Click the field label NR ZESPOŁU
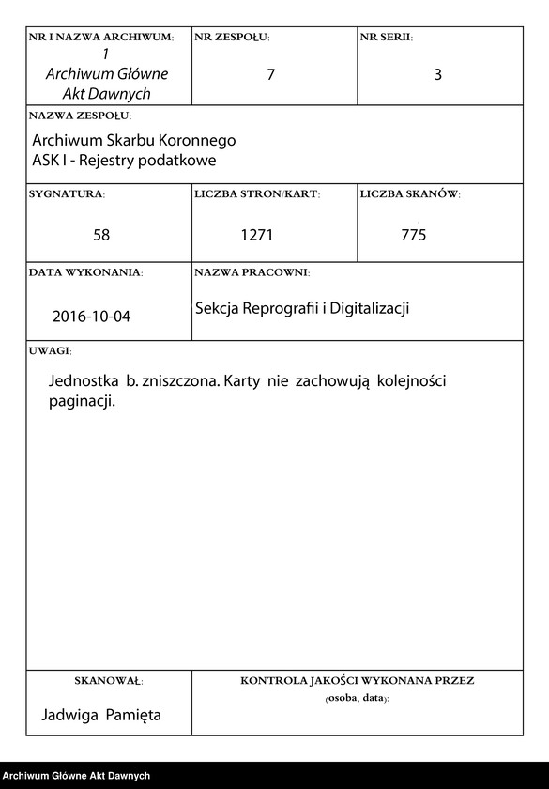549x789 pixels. pyautogui.click(x=231, y=38)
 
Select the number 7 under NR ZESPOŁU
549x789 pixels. pyautogui.click(x=271, y=75)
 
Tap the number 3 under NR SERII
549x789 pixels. pyautogui.click(x=437, y=75)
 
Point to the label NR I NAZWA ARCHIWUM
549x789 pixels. pyautogui.click(x=101, y=38)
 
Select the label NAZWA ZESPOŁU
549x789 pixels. pyautogui.click(x=80, y=116)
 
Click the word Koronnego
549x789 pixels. pyautogui.click(x=198, y=140)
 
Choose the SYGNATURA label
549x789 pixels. pyautogui.click(x=67, y=194)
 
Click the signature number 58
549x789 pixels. pyautogui.click(x=101, y=235)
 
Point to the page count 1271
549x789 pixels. pyautogui.click(x=256, y=235)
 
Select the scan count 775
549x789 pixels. pyautogui.click(x=413, y=235)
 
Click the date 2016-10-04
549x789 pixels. pyautogui.click(x=92, y=317)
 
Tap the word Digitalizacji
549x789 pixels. pyautogui.click(x=367, y=308)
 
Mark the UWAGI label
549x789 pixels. pyautogui.click(x=50, y=350)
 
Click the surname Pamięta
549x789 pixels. pyautogui.click(x=132, y=715)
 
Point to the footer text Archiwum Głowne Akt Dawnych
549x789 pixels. pyautogui.click(x=76, y=776)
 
